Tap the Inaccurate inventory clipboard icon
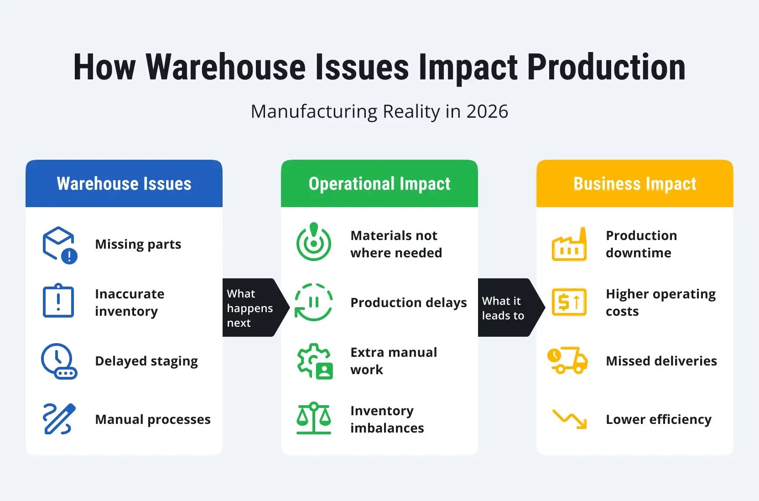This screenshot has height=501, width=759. (x=58, y=301)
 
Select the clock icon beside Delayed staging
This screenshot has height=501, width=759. (x=59, y=361)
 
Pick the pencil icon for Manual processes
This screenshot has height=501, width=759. (x=59, y=419)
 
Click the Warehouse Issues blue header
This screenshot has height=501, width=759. (x=124, y=183)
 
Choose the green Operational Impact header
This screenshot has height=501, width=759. (x=379, y=183)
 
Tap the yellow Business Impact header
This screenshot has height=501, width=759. (x=634, y=183)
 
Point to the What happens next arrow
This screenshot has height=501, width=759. (x=253, y=308)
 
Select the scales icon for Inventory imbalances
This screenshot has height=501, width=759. (x=314, y=418)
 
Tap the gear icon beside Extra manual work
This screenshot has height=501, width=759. (x=314, y=361)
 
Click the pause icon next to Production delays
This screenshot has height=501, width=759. (x=314, y=302)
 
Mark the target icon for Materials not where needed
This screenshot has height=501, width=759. (x=314, y=242)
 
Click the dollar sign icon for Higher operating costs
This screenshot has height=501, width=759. (x=569, y=302)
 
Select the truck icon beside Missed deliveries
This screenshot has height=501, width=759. (x=568, y=360)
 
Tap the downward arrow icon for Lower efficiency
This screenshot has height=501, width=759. (x=569, y=419)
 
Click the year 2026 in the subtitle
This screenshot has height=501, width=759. (x=487, y=112)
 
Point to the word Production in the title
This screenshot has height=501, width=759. (x=606, y=68)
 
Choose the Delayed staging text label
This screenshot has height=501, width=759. (x=146, y=361)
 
